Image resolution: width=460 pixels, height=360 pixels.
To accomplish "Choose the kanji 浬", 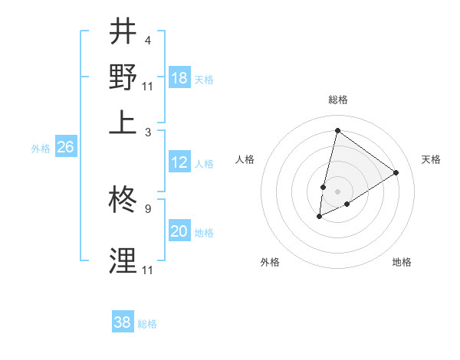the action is click(x=123, y=261).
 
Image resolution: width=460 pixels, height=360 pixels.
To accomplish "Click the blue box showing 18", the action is click(x=179, y=79).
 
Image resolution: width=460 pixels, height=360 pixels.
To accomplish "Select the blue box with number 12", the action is click(x=179, y=163).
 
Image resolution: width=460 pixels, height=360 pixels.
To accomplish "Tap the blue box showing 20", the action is click(x=179, y=232).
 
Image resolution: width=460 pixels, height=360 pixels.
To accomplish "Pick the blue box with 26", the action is click(x=65, y=148).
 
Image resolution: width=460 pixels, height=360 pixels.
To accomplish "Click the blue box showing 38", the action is click(x=123, y=322).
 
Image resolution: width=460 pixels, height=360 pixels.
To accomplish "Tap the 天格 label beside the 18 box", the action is click(x=204, y=80).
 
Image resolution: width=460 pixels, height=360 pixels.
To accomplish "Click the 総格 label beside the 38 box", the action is click(x=147, y=324).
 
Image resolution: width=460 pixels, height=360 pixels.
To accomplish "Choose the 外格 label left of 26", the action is click(x=41, y=149).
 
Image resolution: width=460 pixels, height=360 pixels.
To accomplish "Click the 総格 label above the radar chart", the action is click(x=337, y=100).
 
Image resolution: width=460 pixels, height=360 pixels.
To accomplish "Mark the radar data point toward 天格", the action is click(x=396, y=172).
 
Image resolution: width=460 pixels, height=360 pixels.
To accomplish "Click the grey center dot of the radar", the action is click(x=337, y=191).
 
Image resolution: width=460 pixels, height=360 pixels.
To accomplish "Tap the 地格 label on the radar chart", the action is click(x=402, y=262).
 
